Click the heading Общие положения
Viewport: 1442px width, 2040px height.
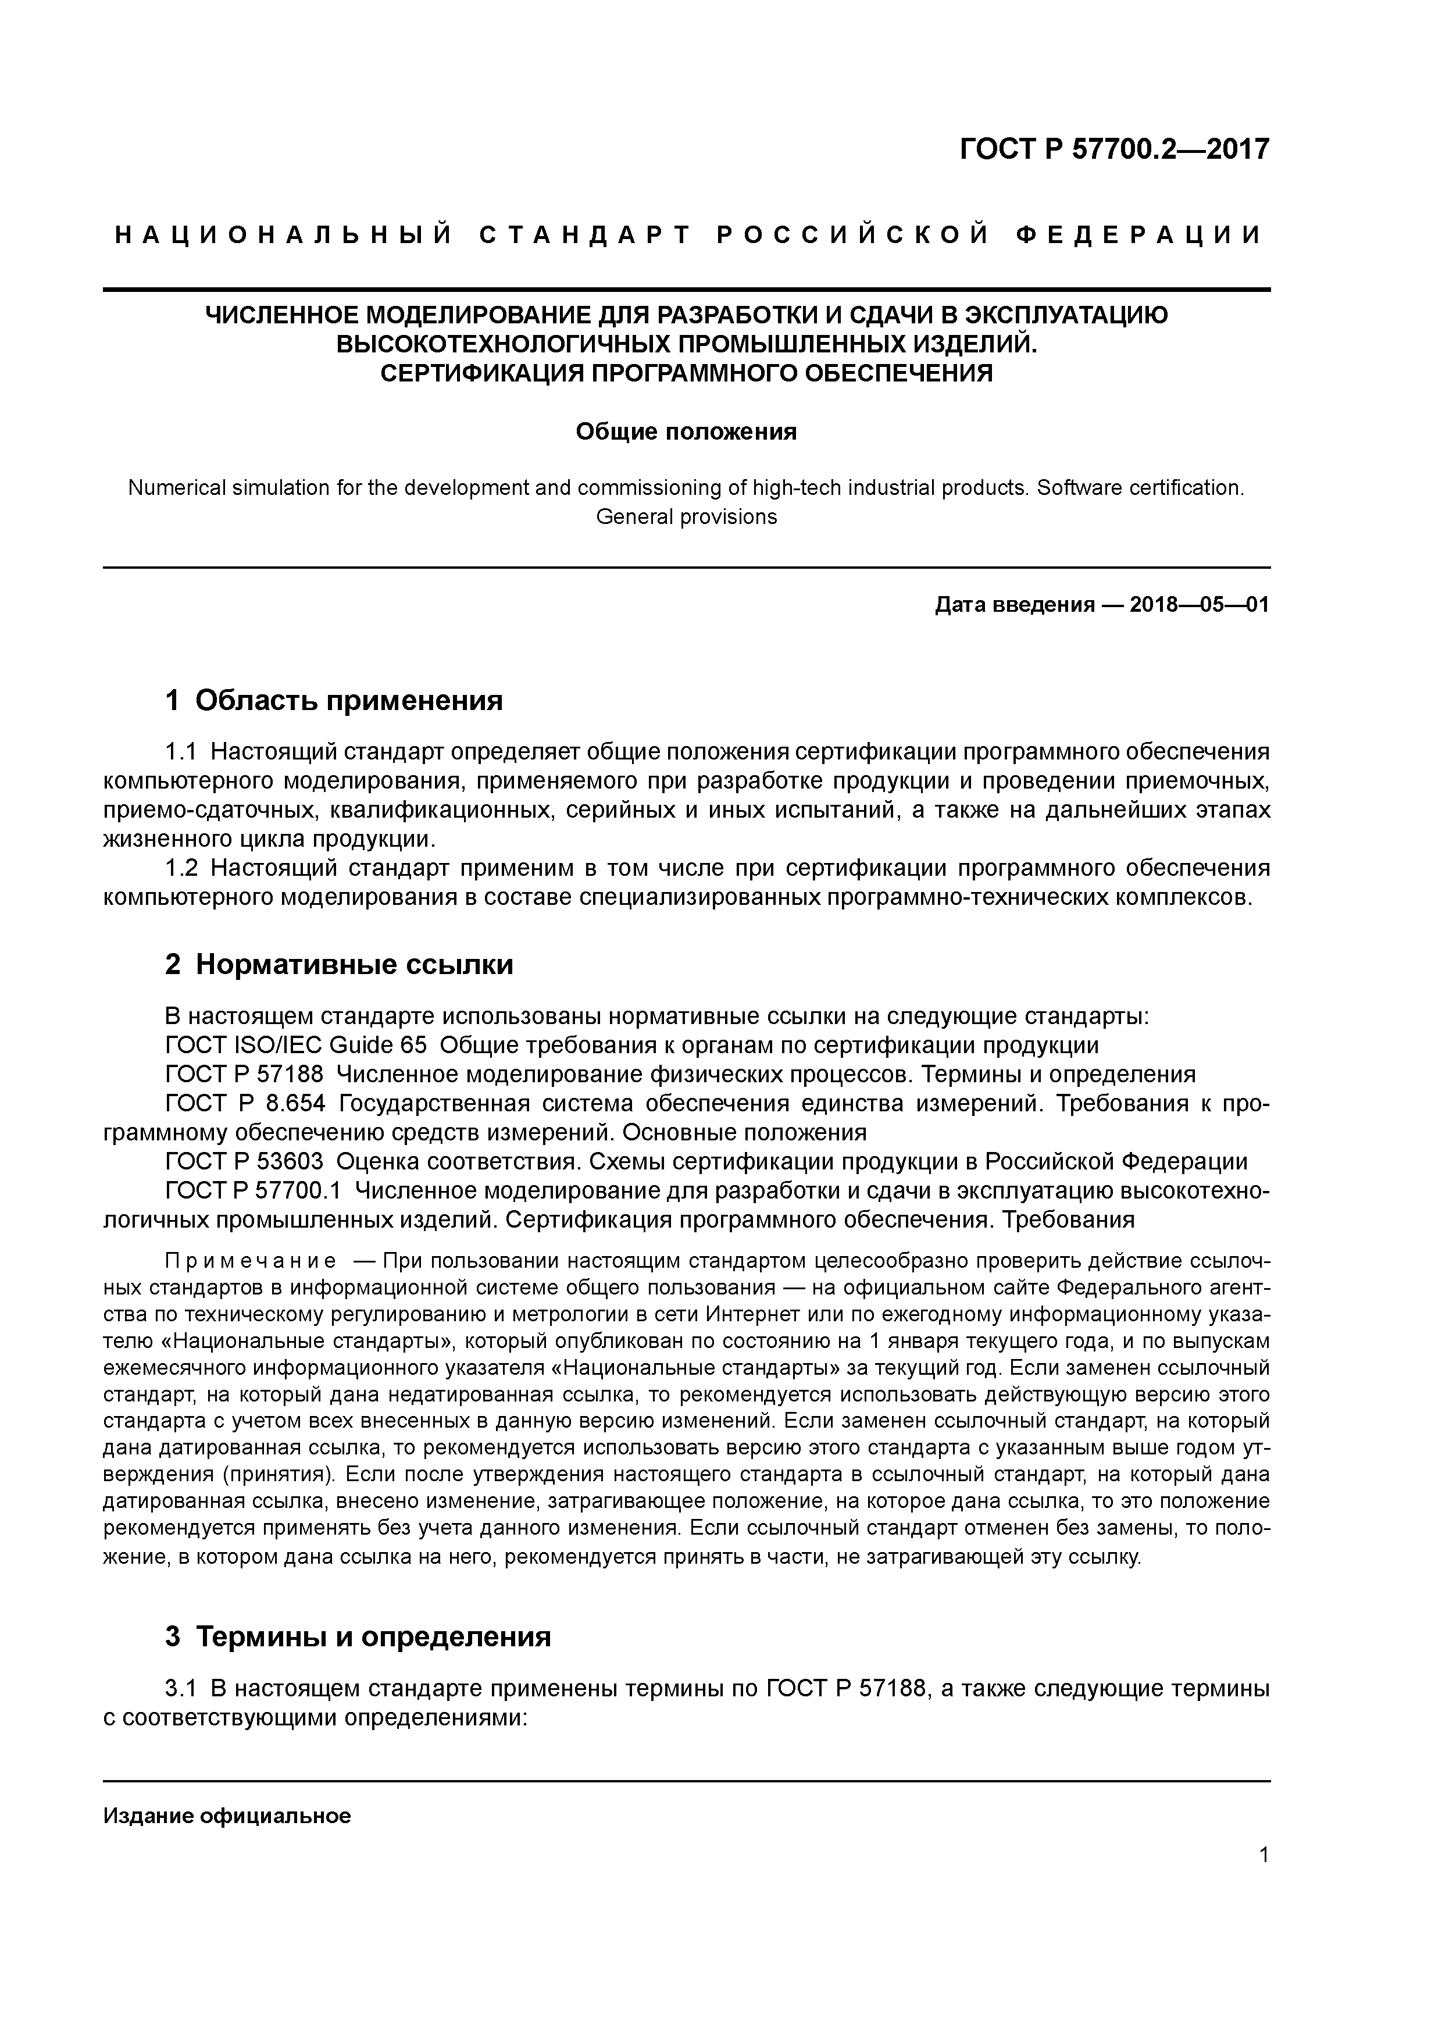pos(686,432)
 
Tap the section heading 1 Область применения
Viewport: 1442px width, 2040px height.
pos(334,700)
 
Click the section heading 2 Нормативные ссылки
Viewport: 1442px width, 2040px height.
pos(340,964)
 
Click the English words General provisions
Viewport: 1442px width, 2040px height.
pos(686,517)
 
